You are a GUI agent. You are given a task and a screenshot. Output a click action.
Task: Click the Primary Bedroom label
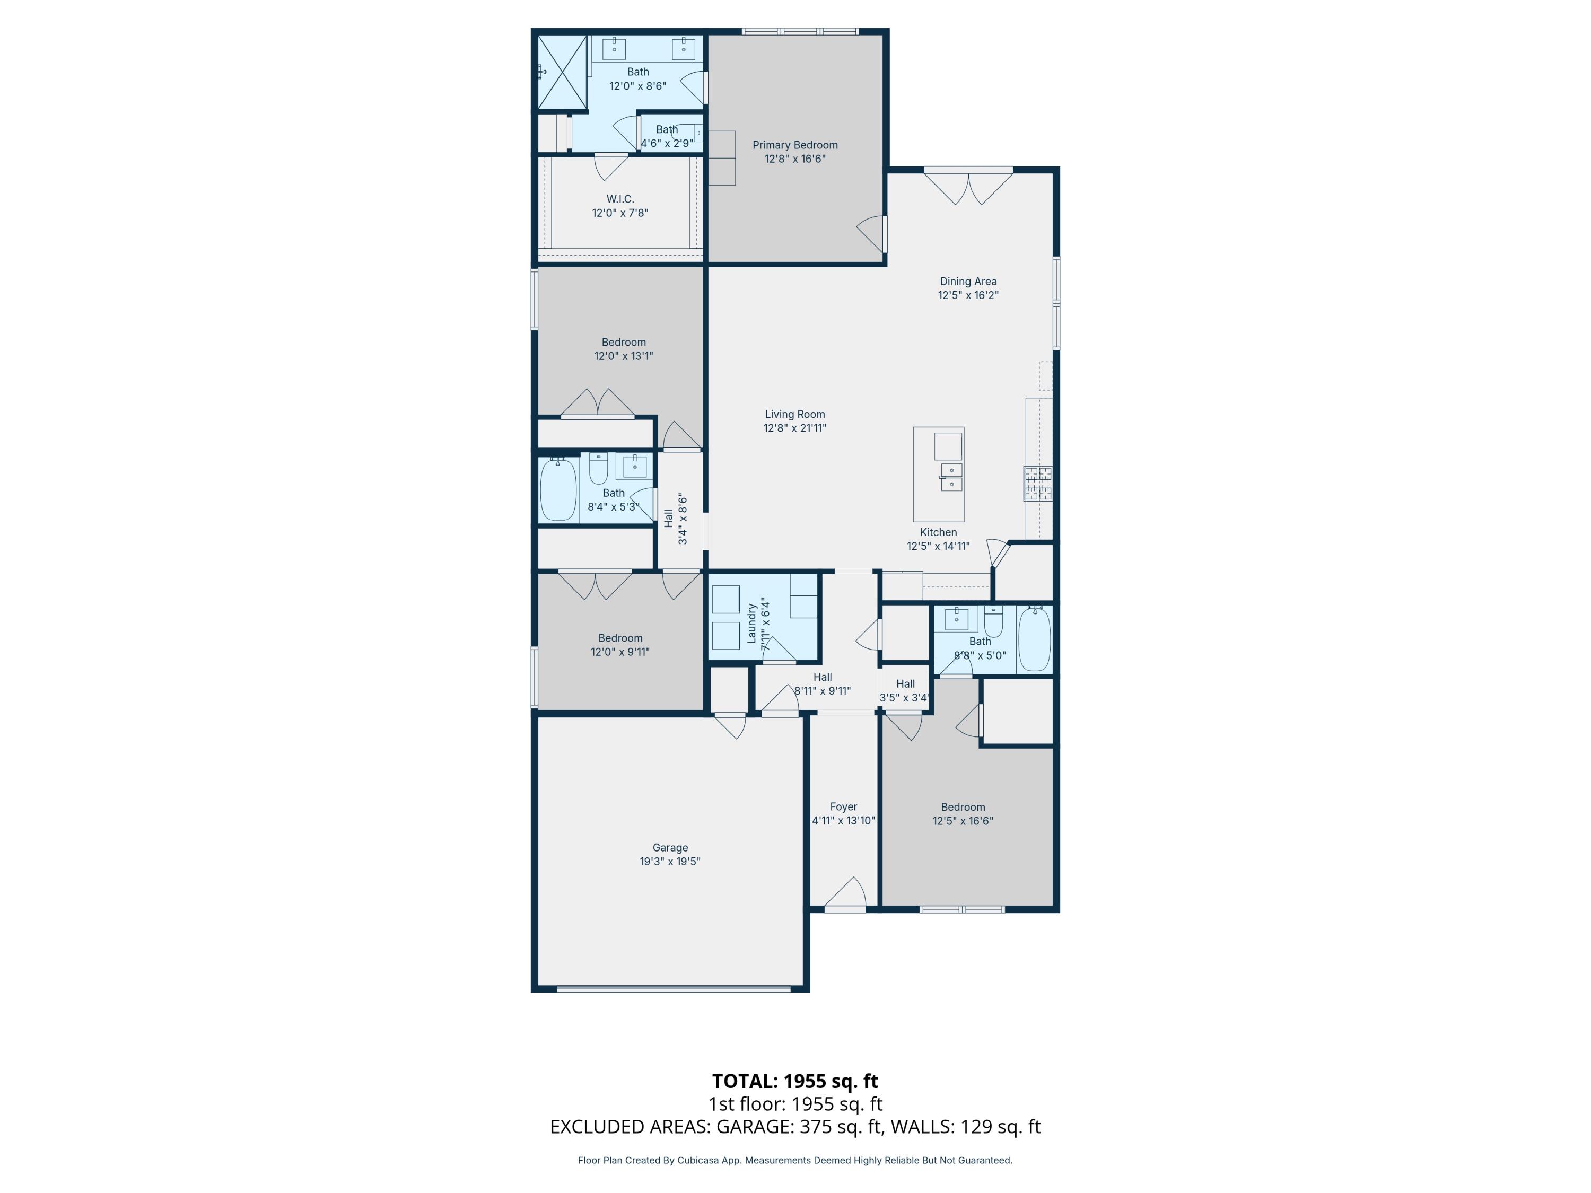coord(795,145)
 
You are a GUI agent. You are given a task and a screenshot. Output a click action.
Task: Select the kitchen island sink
coord(951,477)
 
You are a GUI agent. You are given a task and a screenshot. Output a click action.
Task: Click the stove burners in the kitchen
coord(1038,483)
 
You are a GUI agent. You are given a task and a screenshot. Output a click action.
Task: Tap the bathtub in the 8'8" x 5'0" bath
coord(1034,638)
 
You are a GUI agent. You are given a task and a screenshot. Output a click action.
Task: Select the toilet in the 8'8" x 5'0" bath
coord(993,620)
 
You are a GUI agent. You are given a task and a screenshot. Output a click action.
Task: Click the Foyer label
coord(843,807)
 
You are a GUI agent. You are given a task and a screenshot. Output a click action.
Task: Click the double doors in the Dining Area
coord(968,187)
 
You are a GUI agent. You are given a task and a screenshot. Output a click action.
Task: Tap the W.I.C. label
coord(620,199)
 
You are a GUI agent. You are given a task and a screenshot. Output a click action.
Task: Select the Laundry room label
coord(751,623)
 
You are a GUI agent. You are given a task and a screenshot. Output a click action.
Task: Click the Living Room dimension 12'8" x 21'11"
coord(795,428)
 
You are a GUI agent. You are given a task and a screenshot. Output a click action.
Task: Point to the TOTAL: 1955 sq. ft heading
coord(795,1081)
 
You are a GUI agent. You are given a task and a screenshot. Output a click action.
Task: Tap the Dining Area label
coord(968,281)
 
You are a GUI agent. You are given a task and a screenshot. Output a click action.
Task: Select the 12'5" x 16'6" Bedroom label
coord(963,807)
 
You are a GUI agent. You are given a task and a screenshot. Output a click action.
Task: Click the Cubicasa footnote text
coord(795,1160)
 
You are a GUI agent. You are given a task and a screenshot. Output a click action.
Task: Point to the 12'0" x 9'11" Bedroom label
coord(620,638)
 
